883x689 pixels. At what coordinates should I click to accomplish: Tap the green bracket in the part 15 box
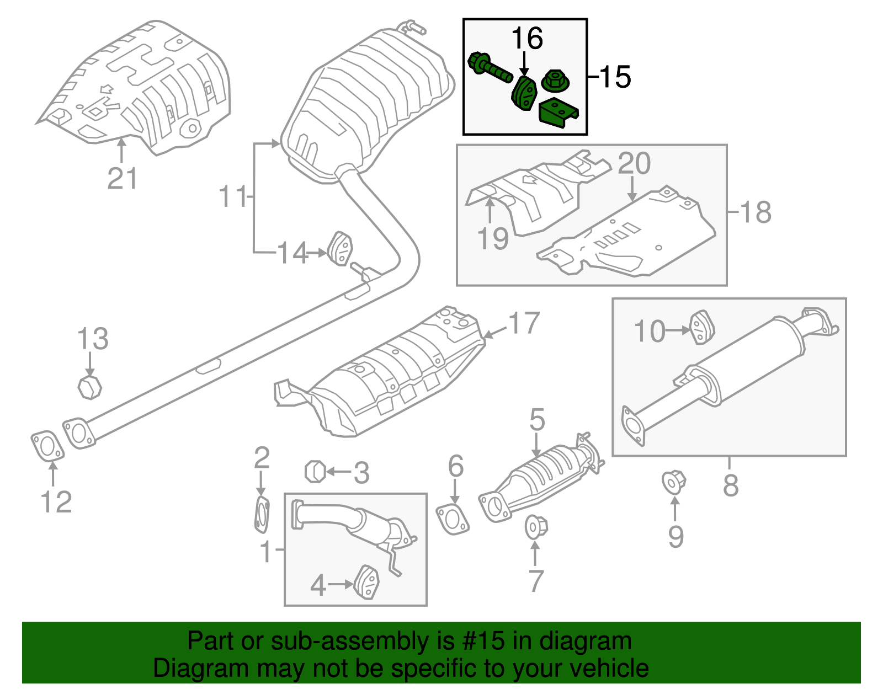558,114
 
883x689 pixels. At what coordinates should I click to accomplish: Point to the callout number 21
122,179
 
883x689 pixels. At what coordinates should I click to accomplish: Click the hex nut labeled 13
89,387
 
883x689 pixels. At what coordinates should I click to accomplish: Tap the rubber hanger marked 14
341,249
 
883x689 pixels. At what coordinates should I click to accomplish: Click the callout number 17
524,323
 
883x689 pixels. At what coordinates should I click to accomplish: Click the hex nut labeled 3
315,472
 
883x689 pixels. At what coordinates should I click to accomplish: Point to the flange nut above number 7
535,527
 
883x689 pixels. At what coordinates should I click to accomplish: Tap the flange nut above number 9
674,482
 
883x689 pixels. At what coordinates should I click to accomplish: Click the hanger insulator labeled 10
703,327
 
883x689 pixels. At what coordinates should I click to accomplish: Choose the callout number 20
634,164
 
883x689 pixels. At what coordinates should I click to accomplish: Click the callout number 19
492,239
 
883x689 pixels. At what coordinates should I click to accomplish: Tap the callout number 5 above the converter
536,420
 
